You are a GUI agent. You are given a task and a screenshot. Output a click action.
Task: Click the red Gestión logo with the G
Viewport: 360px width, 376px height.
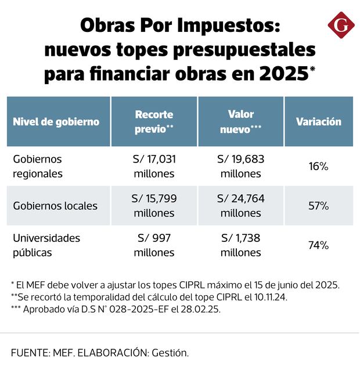tap(341, 26)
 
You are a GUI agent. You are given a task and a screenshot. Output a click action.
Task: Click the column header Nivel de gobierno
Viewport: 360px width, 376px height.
tap(56, 122)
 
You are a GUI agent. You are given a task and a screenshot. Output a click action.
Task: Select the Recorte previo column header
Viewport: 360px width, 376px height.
tap(154, 121)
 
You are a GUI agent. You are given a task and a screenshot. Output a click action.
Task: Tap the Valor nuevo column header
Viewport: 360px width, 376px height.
tap(240, 121)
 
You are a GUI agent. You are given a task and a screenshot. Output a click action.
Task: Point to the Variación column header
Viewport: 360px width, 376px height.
tap(318, 122)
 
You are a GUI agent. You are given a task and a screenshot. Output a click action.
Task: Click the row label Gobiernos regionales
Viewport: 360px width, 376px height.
tap(37, 166)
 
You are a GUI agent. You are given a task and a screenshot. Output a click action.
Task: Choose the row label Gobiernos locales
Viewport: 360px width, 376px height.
tap(55, 205)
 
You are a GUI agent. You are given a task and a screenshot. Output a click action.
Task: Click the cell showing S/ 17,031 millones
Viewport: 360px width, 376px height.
tap(154, 166)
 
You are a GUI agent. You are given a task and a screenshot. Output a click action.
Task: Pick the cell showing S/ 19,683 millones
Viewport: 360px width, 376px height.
tap(240, 166)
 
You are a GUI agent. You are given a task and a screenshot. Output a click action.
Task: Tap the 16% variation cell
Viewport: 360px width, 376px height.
tap(318, 167)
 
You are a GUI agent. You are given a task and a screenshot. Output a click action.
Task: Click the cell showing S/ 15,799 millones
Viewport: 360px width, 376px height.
tap(154, 205)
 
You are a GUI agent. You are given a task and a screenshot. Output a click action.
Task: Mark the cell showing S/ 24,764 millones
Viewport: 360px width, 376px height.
tap(240, 205)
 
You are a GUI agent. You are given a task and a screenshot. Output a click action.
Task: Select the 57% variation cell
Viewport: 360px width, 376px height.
tap(318, 206)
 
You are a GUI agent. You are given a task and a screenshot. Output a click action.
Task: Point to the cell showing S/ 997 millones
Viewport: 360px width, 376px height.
tap(154, 245)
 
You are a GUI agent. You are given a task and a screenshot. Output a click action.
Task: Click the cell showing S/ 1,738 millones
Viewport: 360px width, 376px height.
tap(240, 245)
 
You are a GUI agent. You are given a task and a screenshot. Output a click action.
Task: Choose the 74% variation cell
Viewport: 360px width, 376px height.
tap(318, 245)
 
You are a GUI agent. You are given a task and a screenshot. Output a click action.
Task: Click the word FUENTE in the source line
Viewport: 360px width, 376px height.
tap(29, 353)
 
